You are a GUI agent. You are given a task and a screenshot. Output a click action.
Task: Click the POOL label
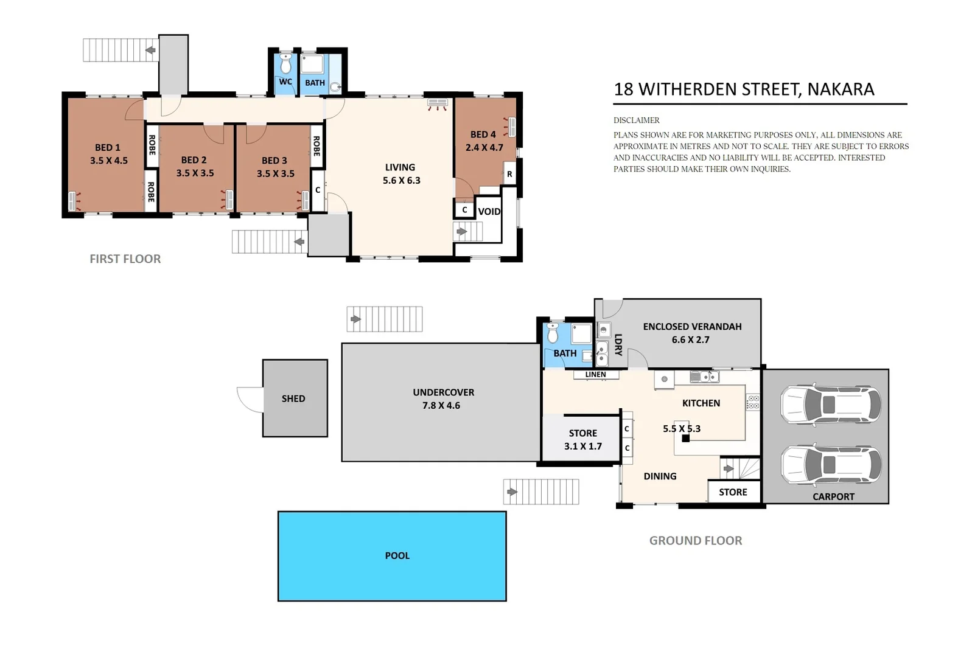[397, 555]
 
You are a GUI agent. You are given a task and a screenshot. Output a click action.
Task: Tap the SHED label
[293, 398]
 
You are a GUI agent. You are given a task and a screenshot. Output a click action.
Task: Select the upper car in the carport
[830, 404]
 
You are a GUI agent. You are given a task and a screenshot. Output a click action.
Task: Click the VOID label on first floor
[489, 212]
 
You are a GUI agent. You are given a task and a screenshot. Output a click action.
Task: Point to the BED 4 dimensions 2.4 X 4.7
[484, 147]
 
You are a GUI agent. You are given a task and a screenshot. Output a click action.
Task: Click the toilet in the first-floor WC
[285, 64]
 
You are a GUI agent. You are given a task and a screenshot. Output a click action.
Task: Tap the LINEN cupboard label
[595, 375]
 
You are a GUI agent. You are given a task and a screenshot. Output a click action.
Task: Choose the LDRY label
[618, 344]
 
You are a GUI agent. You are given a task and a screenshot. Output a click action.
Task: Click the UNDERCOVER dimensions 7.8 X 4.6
[441, 406]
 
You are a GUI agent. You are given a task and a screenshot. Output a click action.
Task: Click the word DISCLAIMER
[636, 120]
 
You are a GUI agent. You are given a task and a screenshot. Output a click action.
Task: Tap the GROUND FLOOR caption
[695, 540]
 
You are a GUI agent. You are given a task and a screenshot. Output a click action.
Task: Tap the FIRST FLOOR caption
[125, 259]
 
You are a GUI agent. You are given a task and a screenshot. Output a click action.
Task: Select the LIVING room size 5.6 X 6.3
[401, 181]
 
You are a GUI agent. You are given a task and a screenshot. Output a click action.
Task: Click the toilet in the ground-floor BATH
[553, 334]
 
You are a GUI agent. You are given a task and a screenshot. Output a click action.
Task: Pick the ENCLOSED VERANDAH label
[692, 327]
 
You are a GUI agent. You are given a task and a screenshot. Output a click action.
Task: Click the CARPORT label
[833, 496]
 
